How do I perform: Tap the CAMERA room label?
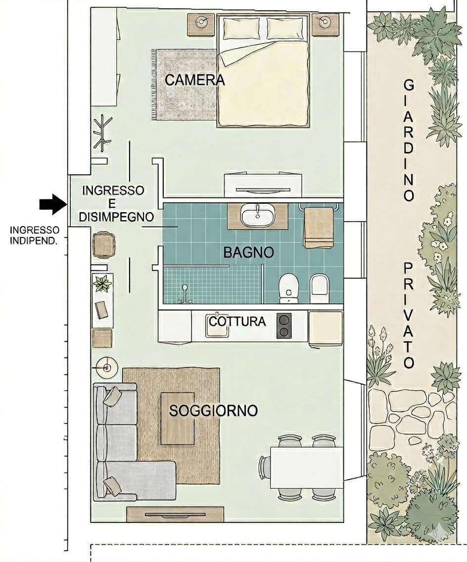click(x=194, y=80)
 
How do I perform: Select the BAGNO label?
click(x=248, y=252)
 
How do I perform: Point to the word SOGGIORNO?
click(x=213, y=411)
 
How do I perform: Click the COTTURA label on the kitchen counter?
click(x=237, y=321)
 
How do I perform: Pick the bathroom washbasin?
click(x=258, y=216)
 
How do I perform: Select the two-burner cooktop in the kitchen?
click(x=284, y=326)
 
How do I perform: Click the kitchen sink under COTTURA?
click(x=217, y=328)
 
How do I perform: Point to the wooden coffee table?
click(x=178, y=418)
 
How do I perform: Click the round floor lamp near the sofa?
click(x=106, y=368)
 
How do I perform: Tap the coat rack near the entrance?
click(x=102, y=132)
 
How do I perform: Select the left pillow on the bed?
click(x=241, y=28)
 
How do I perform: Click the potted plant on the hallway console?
click(x=102, y=283)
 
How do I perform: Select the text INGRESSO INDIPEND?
click(x=35, y=235)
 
